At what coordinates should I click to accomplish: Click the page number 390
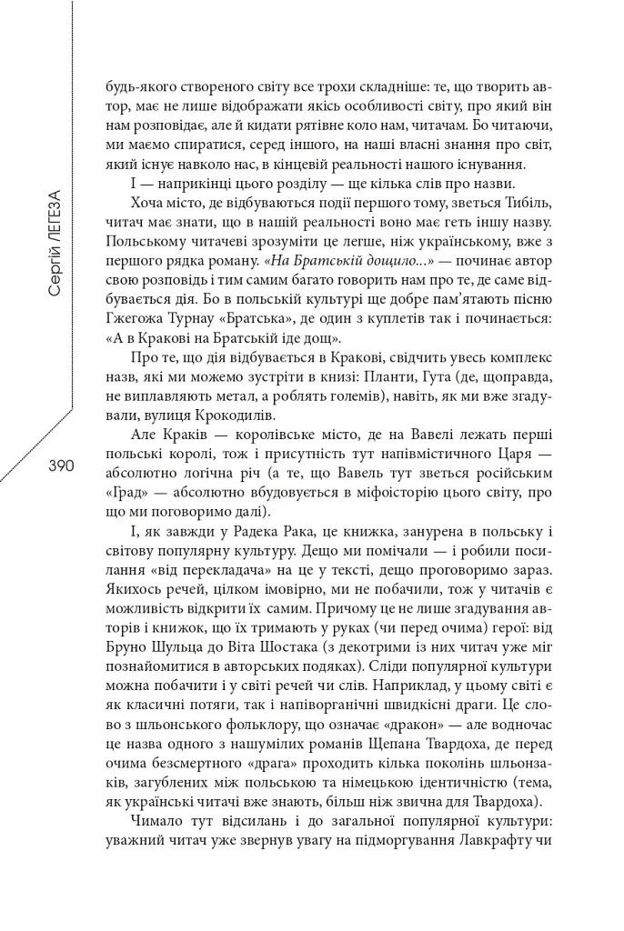(54, 465)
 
